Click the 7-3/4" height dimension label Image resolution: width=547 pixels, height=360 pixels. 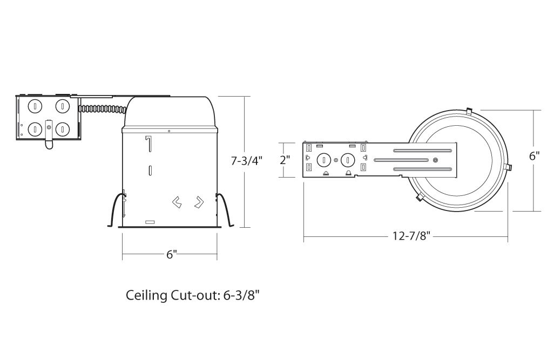coord(246,161)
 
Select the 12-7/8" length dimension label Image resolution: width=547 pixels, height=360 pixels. coord(411,236)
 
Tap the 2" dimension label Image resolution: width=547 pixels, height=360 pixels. coord(285,160)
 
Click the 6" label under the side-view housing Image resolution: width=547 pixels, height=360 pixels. coord(171,254)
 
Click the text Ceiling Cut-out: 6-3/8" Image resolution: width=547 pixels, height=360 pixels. coord(193,295)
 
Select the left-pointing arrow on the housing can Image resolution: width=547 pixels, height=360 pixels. coord(177,202)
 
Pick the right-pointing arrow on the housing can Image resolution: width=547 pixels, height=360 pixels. coord(199,202)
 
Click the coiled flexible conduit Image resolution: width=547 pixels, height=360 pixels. coord(102,109)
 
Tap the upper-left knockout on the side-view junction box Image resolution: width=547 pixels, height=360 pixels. coord(35,106)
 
